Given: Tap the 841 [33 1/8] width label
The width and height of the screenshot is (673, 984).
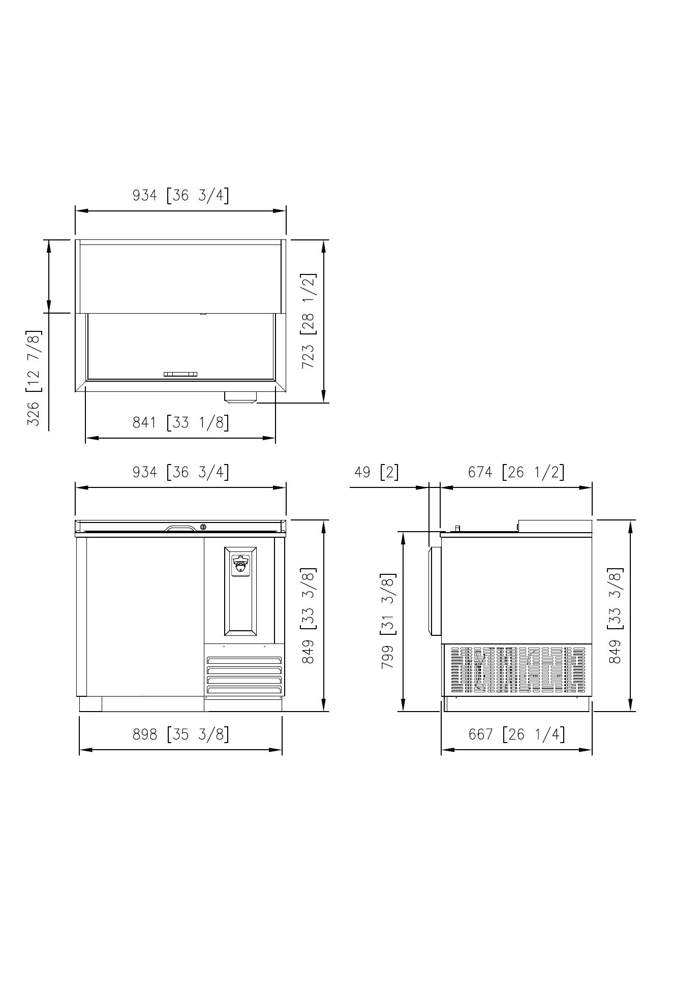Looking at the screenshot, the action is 180,422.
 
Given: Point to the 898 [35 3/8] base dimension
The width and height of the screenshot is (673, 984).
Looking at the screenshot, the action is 180,734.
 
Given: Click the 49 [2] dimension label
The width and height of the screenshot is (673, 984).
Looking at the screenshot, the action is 376,472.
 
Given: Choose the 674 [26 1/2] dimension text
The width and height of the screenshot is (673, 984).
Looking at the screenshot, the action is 516,472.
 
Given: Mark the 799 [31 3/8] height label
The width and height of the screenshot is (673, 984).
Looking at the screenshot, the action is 388,621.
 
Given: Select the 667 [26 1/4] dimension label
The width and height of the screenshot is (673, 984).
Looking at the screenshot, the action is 516,734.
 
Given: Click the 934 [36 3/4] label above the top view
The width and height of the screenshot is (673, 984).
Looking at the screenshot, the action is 180,195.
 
